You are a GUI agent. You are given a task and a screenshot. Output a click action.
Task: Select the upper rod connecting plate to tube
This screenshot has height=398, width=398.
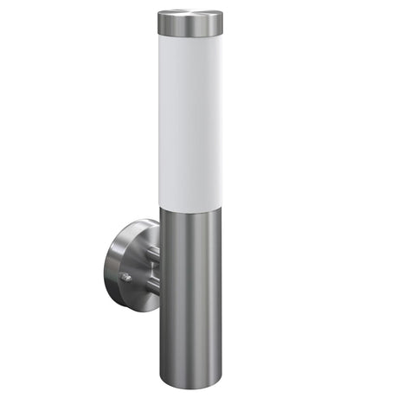pyautogui.click(x=152, y=252)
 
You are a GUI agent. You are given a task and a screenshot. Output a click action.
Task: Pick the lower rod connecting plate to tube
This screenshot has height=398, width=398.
pyautogui.click(x=152, y=291)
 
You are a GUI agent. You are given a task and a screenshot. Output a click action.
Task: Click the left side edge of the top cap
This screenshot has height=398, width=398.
pyautogui.click(x=158, y=23)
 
